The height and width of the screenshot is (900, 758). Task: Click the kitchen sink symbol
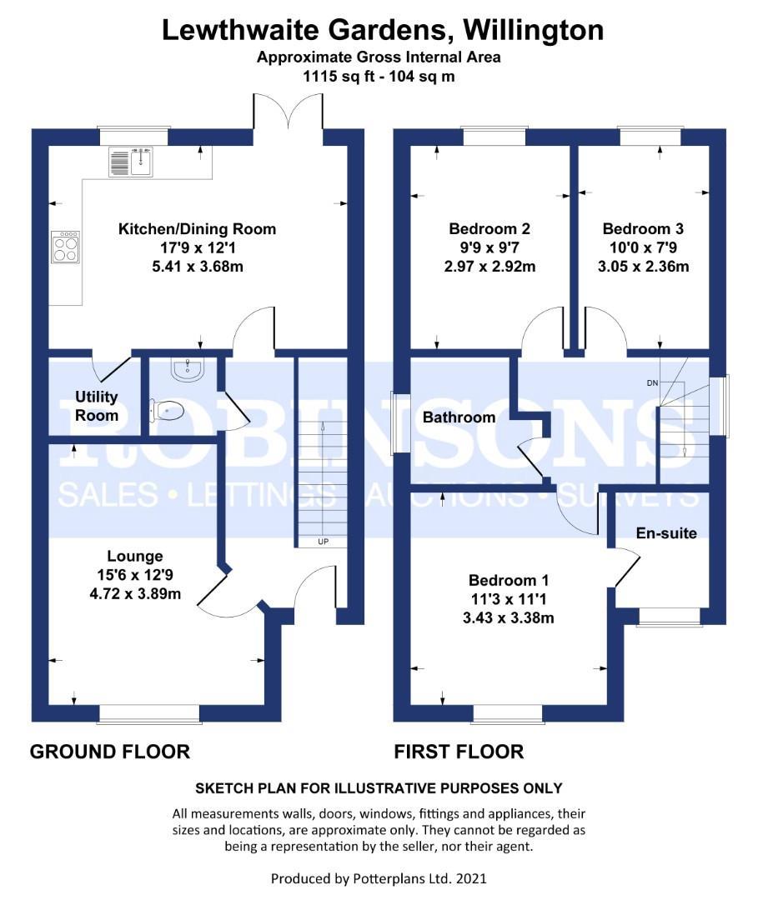130,161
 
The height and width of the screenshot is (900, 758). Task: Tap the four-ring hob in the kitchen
65,246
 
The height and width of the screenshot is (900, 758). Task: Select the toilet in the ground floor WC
166,410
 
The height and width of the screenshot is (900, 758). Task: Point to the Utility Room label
97,406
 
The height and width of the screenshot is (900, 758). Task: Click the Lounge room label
134,556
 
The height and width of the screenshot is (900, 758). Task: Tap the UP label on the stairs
323,542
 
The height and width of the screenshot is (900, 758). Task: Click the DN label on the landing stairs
652,383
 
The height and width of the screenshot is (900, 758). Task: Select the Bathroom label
459,417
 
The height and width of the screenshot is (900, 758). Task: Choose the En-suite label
665,532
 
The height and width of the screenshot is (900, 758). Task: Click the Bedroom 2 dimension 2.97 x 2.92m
489,267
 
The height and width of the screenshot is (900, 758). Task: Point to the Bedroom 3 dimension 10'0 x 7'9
646,247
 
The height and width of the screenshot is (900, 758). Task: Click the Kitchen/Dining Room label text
197,228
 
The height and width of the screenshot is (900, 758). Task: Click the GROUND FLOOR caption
110,752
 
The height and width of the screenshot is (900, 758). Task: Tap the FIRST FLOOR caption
459,752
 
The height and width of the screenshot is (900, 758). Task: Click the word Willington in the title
534,30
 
